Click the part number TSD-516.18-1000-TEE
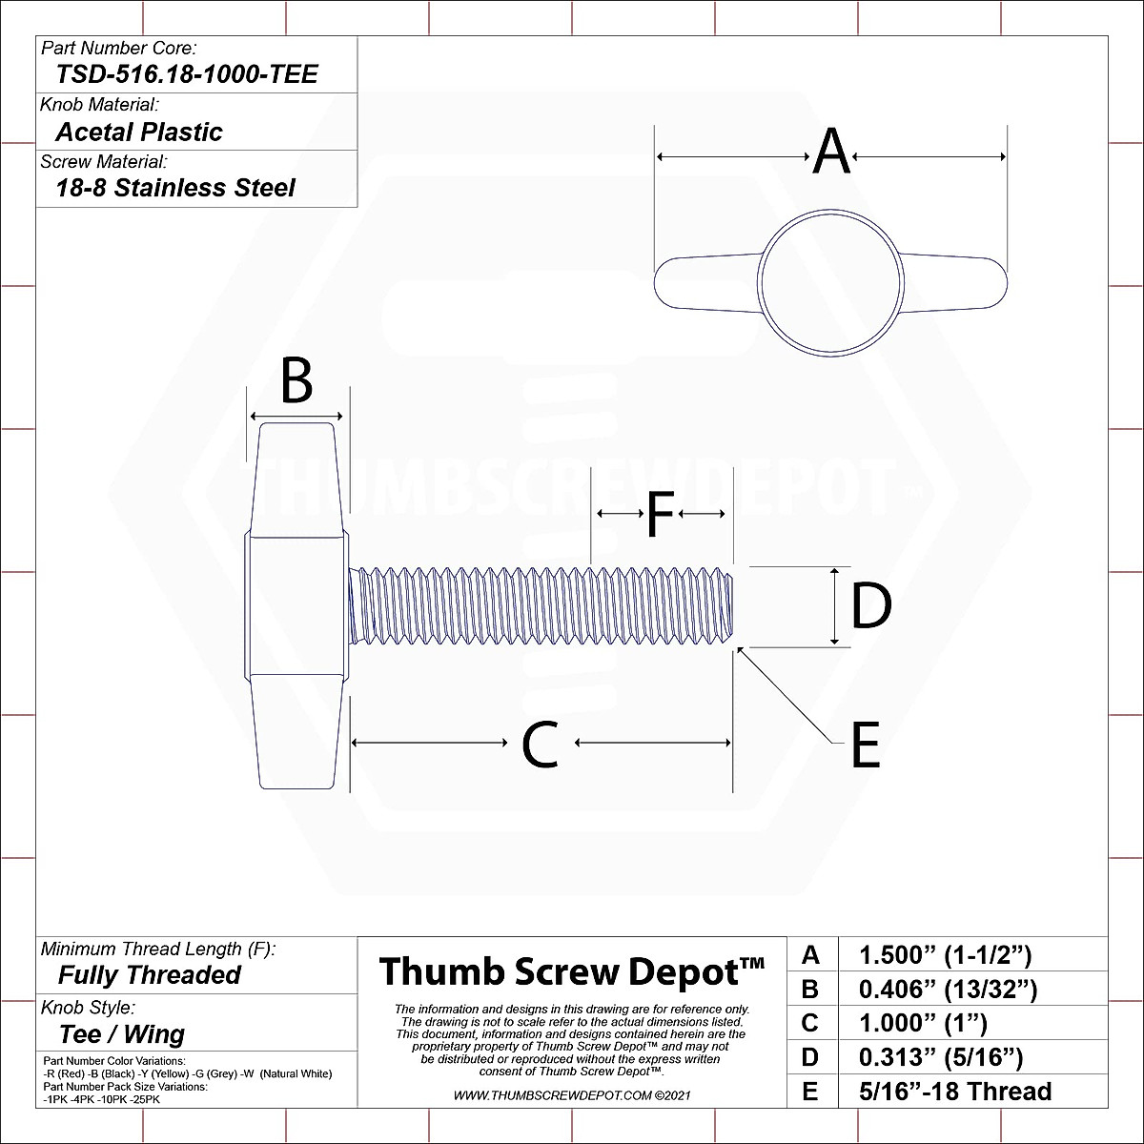[x=187, y=74]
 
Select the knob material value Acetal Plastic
[x=139, y=132]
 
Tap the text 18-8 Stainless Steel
[x=175, y=188]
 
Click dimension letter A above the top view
[x=831, y=152]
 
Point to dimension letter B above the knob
[x=296, y=381]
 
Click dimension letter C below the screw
[x=541, y=745]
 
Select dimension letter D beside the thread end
[x=870, y=606]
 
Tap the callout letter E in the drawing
[x=865, y=746]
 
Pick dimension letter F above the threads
[x=661, y=515]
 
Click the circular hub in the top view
[x=830, y=282]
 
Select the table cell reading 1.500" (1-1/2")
[x=945, y=954]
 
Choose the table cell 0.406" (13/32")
[x=947, y=989]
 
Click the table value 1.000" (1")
[x=922, y=1023]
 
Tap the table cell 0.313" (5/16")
[x=940, y=1057]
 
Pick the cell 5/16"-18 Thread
[x=954, y=1092]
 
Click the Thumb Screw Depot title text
[x=572, y=971]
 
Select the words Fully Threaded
[x=150, y=975]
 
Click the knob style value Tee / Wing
[x=122, y=1034]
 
